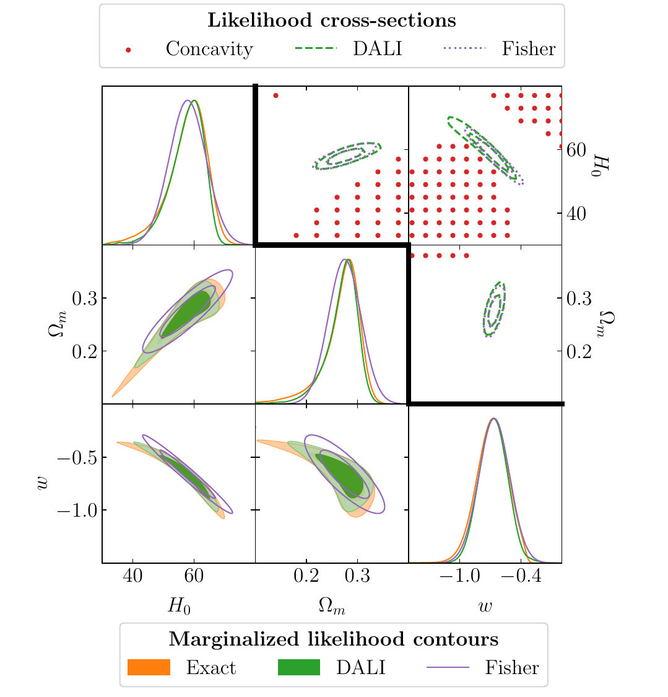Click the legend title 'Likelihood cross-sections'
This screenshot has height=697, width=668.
[x=331, y=20]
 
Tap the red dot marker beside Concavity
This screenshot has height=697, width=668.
[x=128, y=50]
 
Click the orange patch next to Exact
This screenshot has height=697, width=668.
[x=149, y=667]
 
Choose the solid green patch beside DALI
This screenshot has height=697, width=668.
[x=299, y=667]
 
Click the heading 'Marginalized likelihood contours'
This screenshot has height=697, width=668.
[x=333, y=639]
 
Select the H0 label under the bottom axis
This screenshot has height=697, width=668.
[x=179, y=606]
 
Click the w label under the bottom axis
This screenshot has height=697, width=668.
[x=485, y=606]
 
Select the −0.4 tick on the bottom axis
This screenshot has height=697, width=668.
[x=521, y=576]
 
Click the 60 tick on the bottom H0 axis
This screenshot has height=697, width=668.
[x=194, y=576]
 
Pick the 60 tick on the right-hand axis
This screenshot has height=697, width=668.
[x=577, y=150]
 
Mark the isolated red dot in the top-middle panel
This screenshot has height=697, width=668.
[x=275, y=95]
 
